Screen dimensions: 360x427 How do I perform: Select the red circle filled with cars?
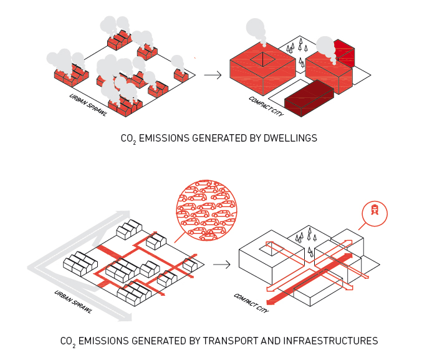pos(206,212)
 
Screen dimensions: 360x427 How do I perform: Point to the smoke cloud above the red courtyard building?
pos(256,29)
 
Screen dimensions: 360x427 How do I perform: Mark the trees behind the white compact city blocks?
pos(307,236)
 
